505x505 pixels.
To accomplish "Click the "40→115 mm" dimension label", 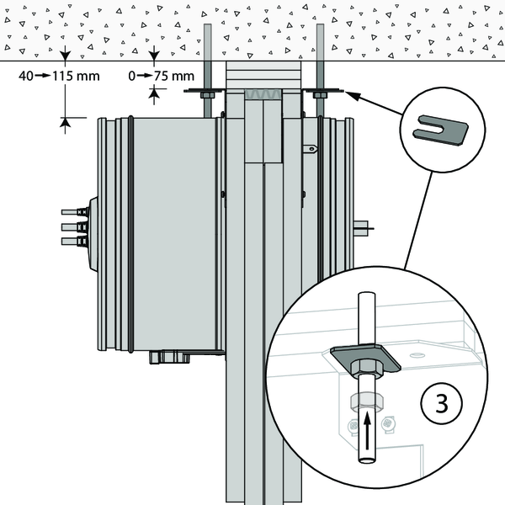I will click(x=57, y=76).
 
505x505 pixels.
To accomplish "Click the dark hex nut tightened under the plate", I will click(x=368, y=367).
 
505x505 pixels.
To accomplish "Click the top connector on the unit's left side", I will click(x=71, y=212).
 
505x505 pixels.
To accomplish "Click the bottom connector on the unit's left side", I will click(x=71, y=242).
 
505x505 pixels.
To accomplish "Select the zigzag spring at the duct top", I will click(x=264, y=95).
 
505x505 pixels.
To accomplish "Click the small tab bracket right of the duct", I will click(x=311, y=150).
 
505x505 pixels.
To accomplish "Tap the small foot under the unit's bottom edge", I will click(x=168, y=358).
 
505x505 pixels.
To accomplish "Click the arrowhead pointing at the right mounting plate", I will click(x=354, y=96).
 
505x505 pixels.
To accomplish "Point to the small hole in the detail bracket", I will click(x=413, y=354).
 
